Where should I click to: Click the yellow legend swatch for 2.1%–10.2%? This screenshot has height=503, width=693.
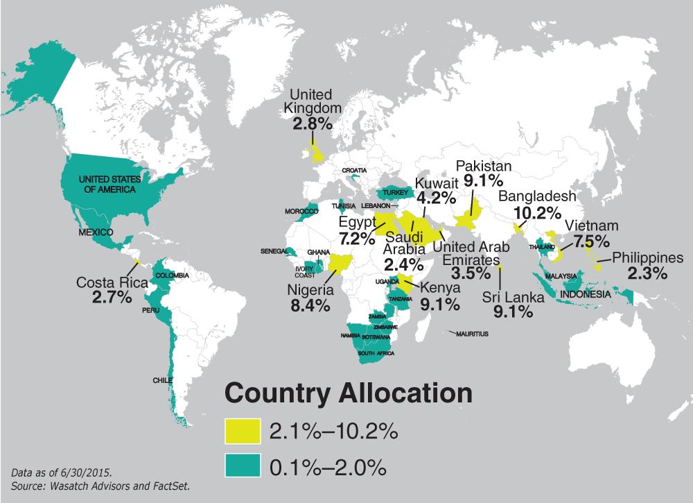pos(241,432)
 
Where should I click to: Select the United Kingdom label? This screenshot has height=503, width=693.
pos(311,101)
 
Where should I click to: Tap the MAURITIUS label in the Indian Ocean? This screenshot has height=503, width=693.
pos(473,334)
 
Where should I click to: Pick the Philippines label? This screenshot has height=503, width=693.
pos(647,257)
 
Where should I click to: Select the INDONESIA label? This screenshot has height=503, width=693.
pos(586,294)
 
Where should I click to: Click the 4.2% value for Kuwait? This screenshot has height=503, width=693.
pos(434,198)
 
